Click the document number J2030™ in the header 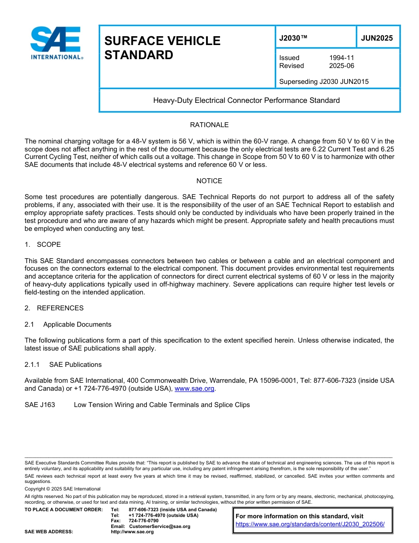pos(293,38)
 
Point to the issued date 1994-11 pos(341,58)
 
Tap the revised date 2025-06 pos(341,66)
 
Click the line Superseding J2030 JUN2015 pos(324,81)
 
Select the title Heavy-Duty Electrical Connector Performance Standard pos(246,100)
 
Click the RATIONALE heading pos(209,125)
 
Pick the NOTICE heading pos(209,181)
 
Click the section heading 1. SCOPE pos(43,245)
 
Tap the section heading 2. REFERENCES pos(54,308)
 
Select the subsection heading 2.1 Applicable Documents pos(68,324)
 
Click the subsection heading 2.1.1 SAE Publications pos(63,365)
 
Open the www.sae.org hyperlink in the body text pos(194,389)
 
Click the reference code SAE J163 pos(40,405)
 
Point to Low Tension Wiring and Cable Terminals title pos(161,405)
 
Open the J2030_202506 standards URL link pos(310,524)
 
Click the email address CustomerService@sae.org pos(160,526)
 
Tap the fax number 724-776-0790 pos(143,521)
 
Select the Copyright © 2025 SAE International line pos(63,489)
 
